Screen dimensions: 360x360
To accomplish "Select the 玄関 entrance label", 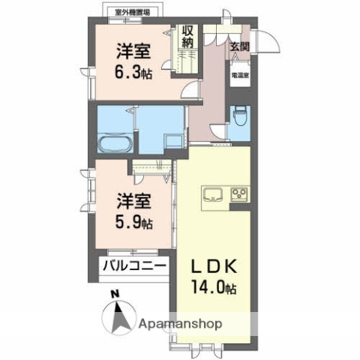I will [x=239, y=46].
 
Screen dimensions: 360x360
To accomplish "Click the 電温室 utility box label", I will [x=239, y=75].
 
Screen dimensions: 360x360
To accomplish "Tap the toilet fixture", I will [x=239, y=117].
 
